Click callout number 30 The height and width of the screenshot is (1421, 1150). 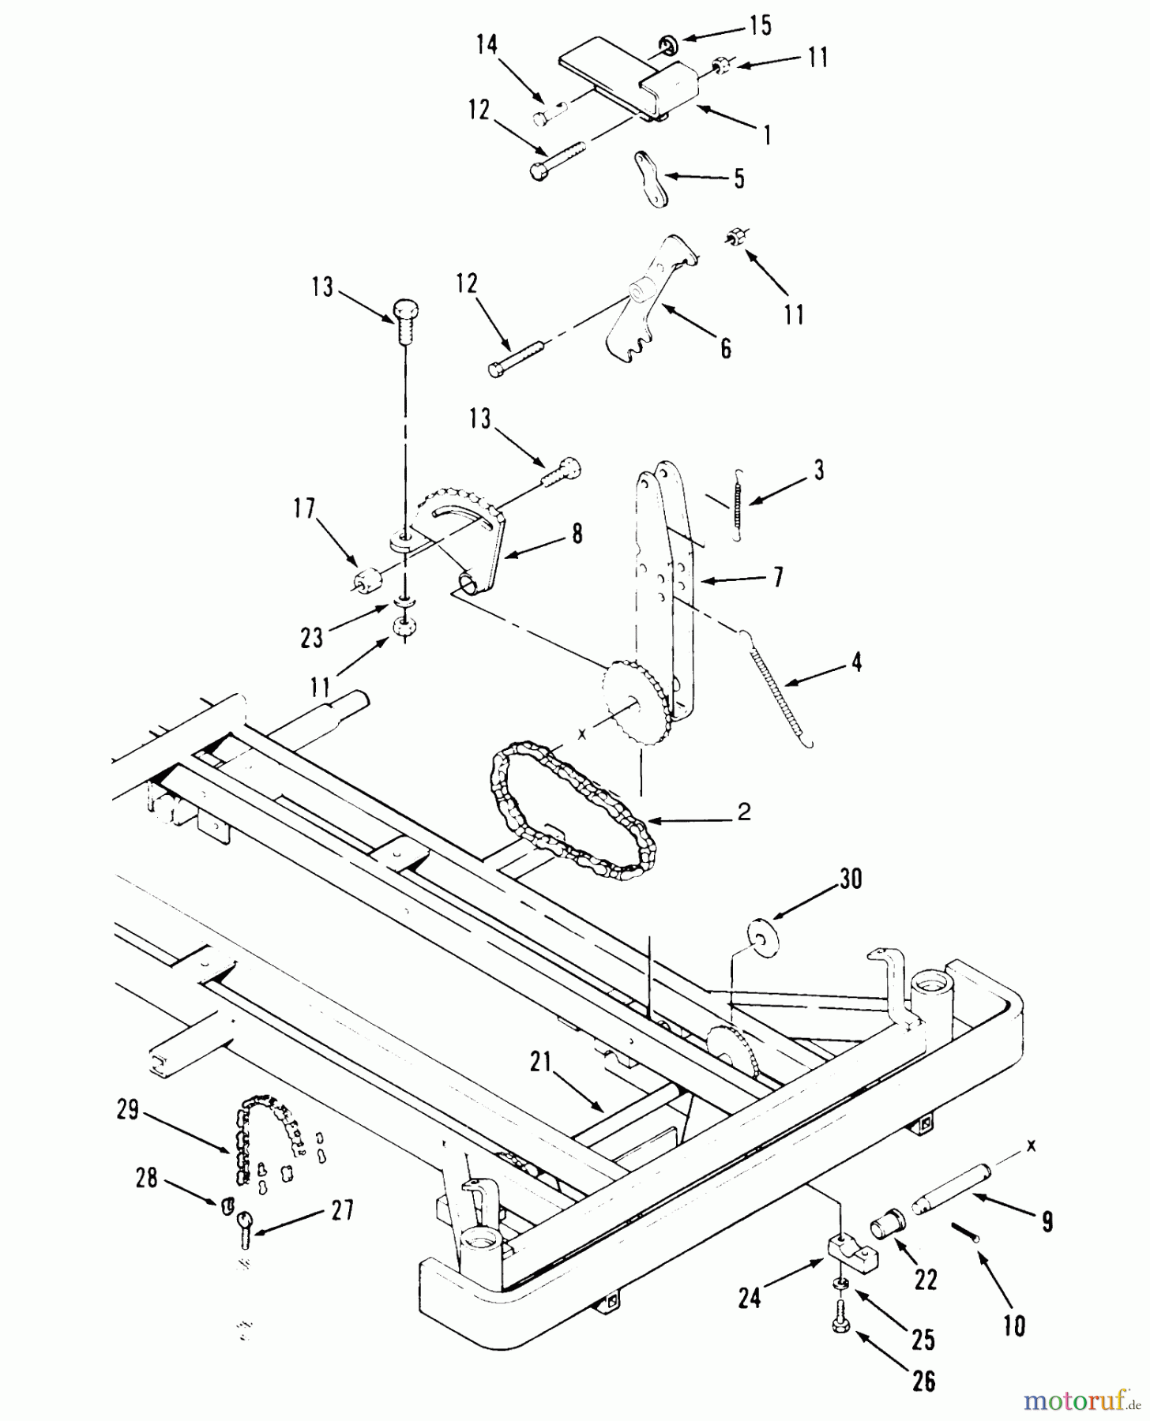point(850,879)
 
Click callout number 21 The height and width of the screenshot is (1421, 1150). point(539,1063)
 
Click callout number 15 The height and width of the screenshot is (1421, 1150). point(760,26)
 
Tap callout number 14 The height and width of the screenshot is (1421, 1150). point(487,45)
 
